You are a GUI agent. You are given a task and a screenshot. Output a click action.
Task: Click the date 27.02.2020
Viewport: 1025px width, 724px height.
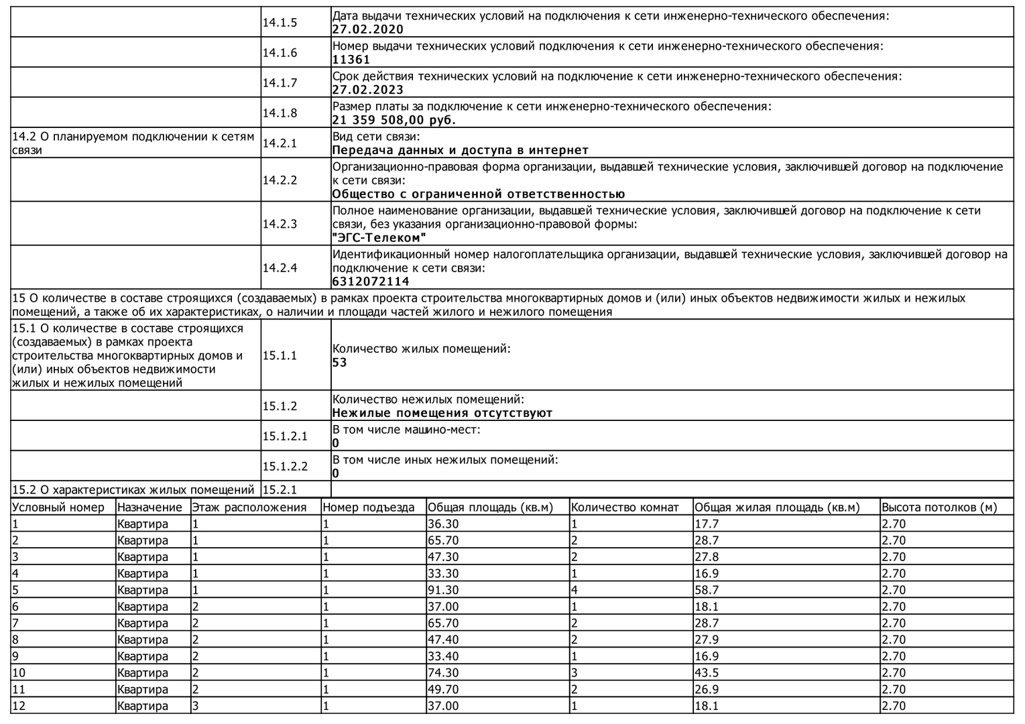click(368, 29)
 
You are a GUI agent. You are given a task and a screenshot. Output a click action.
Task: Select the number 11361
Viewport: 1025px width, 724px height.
click(351, 60)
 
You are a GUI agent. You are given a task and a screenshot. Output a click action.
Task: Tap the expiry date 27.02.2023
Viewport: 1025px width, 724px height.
click(368, 90)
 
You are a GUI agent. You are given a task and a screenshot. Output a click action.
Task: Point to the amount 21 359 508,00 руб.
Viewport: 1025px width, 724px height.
click(394, 120)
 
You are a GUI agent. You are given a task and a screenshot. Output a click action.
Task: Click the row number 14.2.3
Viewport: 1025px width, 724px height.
click(280, 224)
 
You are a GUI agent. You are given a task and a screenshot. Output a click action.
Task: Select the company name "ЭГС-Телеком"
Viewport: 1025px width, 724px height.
click(379, 238)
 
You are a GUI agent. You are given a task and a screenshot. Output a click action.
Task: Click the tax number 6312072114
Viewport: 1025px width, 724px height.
click(371, 282)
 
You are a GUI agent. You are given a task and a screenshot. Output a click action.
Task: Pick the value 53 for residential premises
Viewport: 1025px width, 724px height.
click(340, 363)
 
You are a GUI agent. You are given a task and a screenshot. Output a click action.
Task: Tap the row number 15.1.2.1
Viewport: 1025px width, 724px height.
click(285, 436)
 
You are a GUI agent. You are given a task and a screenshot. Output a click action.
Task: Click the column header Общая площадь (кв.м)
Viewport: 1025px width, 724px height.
click(490, 507)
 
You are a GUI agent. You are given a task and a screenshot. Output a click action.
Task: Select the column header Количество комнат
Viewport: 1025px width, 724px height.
click(625, 507)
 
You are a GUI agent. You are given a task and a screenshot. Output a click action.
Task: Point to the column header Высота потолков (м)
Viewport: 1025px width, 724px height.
click(939, 507)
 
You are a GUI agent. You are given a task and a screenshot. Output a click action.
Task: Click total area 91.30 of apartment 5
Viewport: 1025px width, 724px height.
click(444, 590)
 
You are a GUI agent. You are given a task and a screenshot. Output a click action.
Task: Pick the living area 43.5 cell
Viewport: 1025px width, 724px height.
click(705, 673)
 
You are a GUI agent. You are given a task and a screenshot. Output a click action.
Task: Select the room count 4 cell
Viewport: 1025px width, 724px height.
click(575, 590)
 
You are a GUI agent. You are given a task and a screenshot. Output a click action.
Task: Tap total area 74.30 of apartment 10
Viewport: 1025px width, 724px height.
click(444, 673)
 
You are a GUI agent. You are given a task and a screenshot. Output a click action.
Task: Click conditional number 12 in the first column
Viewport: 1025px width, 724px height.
click(19, 706)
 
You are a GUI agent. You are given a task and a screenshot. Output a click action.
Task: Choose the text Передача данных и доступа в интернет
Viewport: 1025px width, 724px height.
click(460, 150)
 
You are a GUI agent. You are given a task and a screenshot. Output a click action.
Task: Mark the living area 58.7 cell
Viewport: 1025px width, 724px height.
click(705, 590)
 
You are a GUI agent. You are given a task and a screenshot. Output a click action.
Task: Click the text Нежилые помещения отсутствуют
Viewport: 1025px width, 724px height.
click(442, 413)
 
